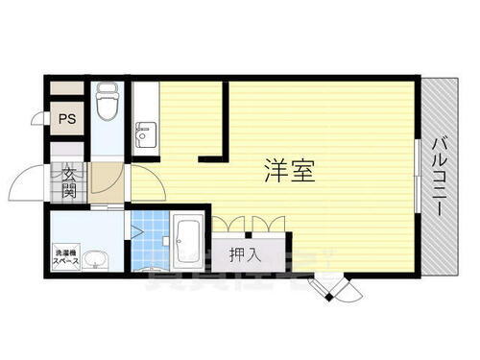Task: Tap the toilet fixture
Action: (x=108, y=103)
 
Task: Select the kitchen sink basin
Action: (x=145, y=133)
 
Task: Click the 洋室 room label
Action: (x=287, y=169)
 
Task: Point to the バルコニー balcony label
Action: (x=445, y=179)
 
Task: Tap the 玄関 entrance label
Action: (x=70, y=182)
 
